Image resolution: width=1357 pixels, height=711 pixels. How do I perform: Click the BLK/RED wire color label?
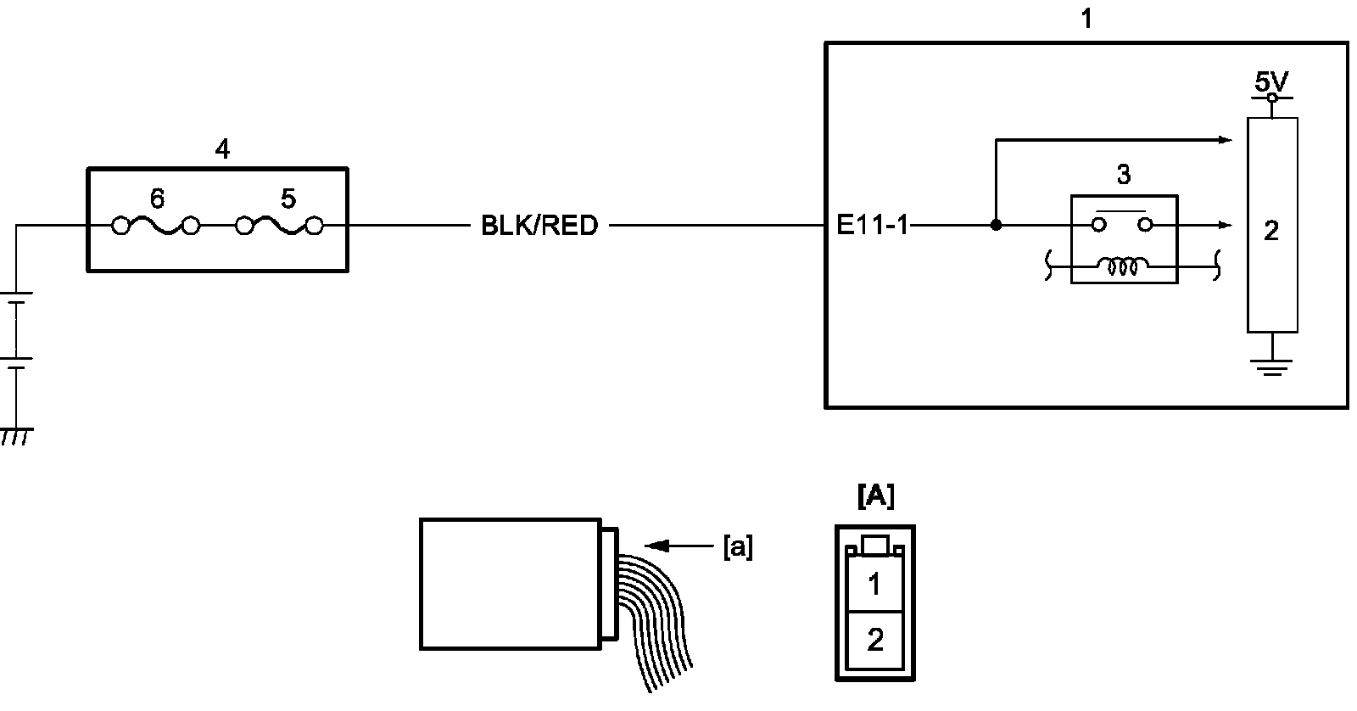pos(539,227)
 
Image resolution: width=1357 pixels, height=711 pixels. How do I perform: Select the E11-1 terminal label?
pos(872,227)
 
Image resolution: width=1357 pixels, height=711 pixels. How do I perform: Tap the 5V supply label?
pos(1271,82)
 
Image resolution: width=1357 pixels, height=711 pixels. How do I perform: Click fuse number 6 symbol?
pos(156,227)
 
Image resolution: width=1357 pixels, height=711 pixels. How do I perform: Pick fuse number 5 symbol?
pos(281,227)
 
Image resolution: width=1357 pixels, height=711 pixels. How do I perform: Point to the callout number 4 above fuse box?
pos(221,150)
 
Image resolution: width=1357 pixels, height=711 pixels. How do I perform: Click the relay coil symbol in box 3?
pos(1124,267)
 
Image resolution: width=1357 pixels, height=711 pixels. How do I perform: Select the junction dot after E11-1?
pos(997,226)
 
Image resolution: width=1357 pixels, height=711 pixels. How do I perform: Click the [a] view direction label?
pos(737,547)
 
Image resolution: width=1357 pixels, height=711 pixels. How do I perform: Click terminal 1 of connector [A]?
pos(875,585)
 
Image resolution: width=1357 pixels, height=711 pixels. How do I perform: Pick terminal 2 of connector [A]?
pos(875,639)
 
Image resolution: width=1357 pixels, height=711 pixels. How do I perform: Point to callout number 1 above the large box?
pos(1086,19)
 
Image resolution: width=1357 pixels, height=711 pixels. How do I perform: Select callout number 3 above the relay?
pos(1124,175)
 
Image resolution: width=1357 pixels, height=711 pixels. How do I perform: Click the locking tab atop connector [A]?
pos(875,544)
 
